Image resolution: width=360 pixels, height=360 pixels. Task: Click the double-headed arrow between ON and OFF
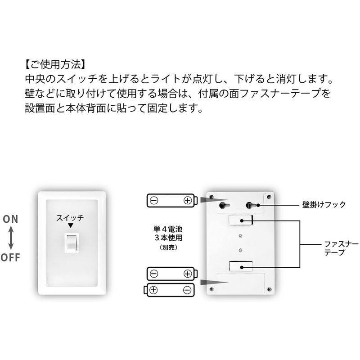click(10, 238)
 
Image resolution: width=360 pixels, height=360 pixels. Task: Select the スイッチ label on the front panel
click(70, 218)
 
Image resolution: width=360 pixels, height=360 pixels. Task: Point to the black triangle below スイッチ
click(70, 225)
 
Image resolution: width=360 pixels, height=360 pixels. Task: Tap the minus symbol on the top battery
click(154, 201)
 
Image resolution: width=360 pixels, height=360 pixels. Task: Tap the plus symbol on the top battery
click(187, 201)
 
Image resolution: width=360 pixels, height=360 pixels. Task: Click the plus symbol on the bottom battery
click(153, 290)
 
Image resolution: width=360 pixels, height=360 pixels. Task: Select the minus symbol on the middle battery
click(154, 274)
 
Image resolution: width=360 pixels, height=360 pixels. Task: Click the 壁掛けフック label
click(324, 205)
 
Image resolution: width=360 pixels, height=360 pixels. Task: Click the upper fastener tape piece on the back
click(241, 220)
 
